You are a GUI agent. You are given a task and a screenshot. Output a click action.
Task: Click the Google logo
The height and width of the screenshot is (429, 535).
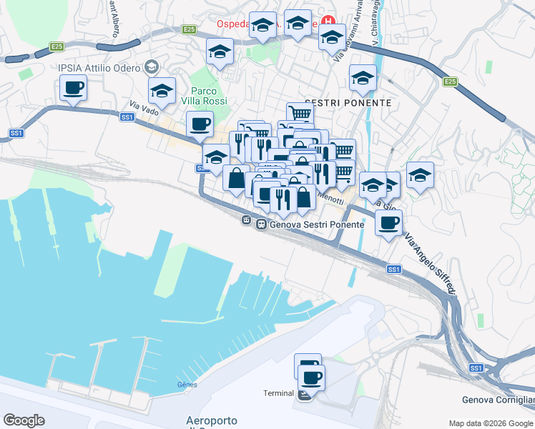(x=24, y=420)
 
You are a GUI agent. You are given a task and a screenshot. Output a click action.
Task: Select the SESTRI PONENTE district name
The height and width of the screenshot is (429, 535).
(x=348, y=103)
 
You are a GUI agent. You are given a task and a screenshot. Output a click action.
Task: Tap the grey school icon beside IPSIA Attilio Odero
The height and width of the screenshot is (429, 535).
(x=151, y=67)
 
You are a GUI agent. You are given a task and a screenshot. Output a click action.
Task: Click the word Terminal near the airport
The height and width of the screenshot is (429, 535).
(x=278, y=393)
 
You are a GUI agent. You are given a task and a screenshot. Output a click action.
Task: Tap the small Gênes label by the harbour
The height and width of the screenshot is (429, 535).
(x=186, y=384)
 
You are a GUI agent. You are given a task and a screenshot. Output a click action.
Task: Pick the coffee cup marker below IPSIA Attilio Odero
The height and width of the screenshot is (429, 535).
(x=73, y=89)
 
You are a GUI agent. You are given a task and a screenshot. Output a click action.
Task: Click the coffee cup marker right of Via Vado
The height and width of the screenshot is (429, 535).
(x=200, y=124)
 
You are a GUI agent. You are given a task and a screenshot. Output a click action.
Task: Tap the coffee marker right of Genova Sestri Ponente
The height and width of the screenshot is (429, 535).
(x=388, y=222)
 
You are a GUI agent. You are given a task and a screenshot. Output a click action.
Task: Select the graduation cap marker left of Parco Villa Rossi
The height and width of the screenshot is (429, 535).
(x=162, y=91)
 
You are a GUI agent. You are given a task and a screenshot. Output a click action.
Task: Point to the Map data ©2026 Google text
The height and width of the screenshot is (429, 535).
(x=490, y=423)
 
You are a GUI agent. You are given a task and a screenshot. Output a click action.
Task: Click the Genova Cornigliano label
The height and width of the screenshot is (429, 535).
(x=499, y=400)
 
